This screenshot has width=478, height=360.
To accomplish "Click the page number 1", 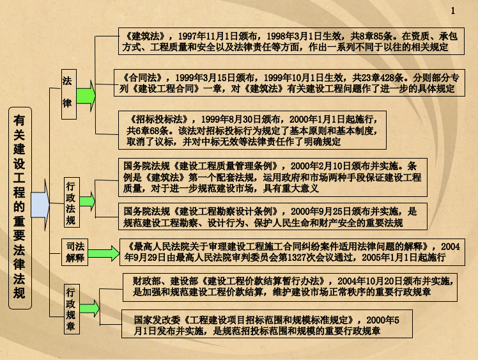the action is coord(453,11).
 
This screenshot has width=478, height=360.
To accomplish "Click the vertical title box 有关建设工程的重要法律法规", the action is coord(20,208).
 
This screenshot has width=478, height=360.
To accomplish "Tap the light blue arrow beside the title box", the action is coord(40,205).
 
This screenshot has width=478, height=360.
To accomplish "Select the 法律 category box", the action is coord(69,94).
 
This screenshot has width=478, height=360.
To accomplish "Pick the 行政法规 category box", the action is coord(72,202).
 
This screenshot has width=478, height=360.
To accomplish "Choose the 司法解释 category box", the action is coord(75,253).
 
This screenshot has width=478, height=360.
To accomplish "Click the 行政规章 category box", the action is coord(72,309).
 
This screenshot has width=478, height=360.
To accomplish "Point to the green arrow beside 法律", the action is coord(86,96).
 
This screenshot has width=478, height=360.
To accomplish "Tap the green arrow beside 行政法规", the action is coord(87,201).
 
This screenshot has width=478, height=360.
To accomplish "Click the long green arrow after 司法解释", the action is coord(104,253).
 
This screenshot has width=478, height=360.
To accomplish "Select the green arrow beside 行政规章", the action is coord(89,308).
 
